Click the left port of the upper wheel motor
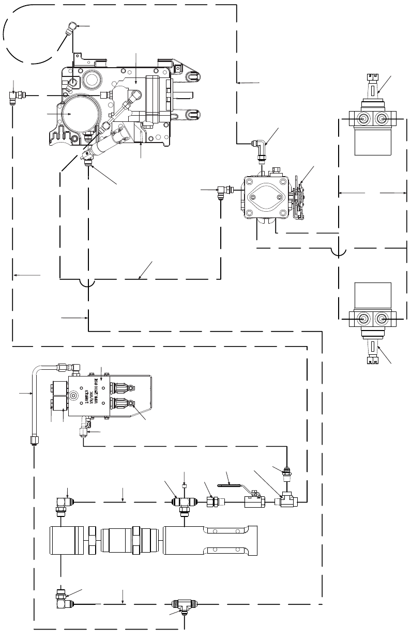pyautogui.click(x=362, y=119)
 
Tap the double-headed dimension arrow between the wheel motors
pyautogui.click(x=371, y=193)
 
